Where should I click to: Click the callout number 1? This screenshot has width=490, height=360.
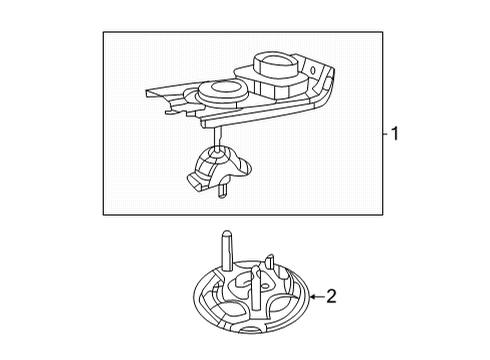(395, 133)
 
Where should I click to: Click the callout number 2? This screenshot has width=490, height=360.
(332, 296)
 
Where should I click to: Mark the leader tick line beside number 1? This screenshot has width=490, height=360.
(384, 133)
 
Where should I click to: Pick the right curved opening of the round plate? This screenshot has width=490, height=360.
(290, 301)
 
